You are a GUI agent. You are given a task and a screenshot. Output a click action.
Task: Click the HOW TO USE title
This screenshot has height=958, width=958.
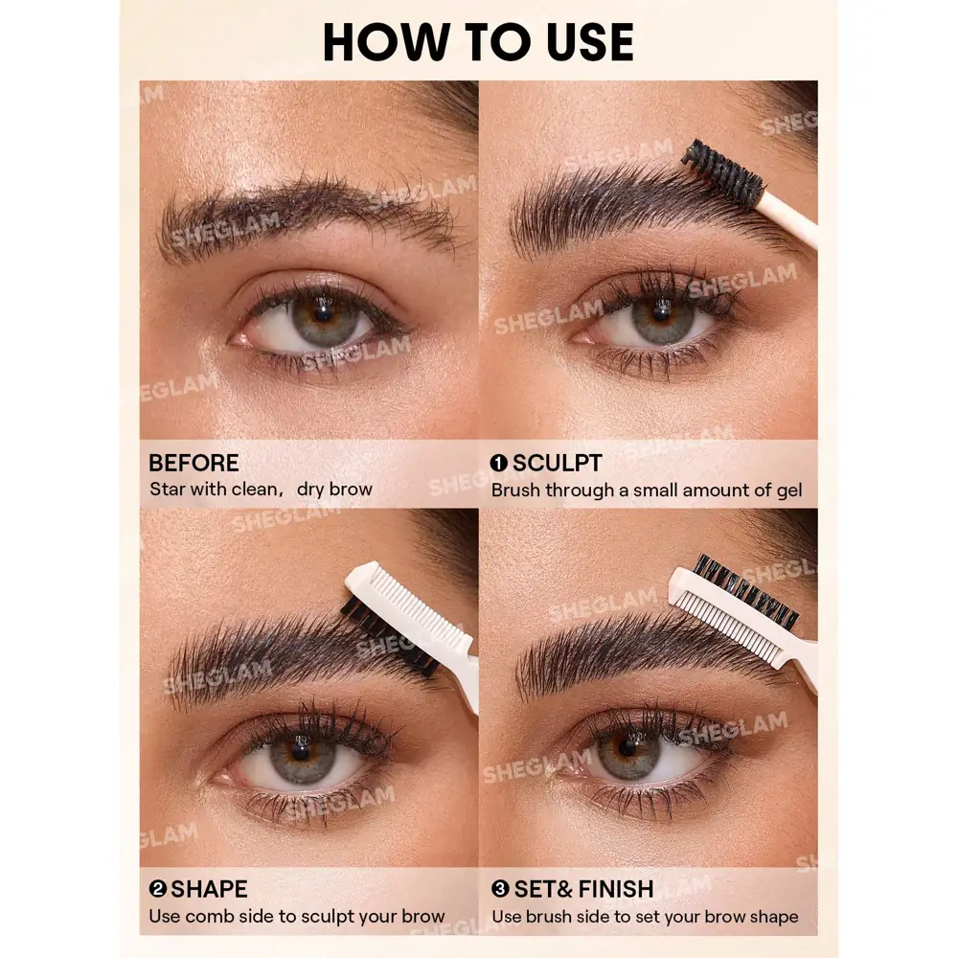478,41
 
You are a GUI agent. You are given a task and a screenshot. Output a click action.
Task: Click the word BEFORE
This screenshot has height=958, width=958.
194,463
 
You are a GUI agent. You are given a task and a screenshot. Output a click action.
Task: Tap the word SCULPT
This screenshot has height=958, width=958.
557,463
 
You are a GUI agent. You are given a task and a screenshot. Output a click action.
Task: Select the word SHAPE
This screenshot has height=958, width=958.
209,889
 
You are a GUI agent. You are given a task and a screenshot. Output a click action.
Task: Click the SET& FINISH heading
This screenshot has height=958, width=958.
582,889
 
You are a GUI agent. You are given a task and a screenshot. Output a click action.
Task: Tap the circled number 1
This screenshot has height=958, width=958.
499,464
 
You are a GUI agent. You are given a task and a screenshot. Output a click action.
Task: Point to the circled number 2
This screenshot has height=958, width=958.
157,890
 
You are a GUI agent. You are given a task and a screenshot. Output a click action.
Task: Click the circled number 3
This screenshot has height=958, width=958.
499,890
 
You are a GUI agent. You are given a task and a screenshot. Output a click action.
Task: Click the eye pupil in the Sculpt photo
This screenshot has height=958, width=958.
660,315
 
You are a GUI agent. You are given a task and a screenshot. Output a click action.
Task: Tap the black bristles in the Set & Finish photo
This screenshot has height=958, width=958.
747,585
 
